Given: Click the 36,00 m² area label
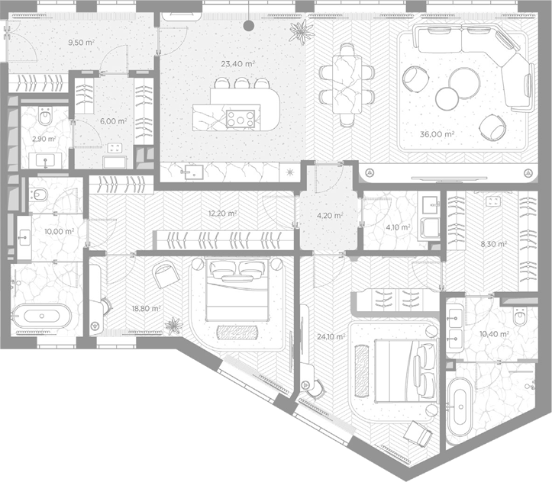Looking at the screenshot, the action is (437, 134).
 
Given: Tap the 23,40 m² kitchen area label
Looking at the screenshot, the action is (238, 63).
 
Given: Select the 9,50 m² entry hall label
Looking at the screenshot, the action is (81, 42).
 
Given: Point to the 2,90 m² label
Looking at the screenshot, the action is (44, 139).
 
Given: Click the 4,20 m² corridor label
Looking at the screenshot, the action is (330, 215).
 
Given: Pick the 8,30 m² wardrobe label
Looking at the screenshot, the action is (494, 243).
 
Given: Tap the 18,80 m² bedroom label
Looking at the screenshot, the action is (146, 308).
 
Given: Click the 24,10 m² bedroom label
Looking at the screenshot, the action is (331, 336).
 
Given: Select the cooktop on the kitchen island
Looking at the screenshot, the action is (240, 118).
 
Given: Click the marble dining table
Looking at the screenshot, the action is (347, 85).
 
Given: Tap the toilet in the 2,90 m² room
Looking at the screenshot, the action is (45, 117).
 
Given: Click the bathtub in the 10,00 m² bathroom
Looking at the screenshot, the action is (42, 316).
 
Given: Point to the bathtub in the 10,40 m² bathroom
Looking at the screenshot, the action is (460, 406).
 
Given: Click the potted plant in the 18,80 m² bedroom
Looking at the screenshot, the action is (174, 326).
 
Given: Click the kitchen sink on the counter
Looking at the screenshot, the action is (194, 172).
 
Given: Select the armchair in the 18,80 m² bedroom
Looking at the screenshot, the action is (166, 275).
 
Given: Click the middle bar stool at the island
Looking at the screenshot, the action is (241, 83).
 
